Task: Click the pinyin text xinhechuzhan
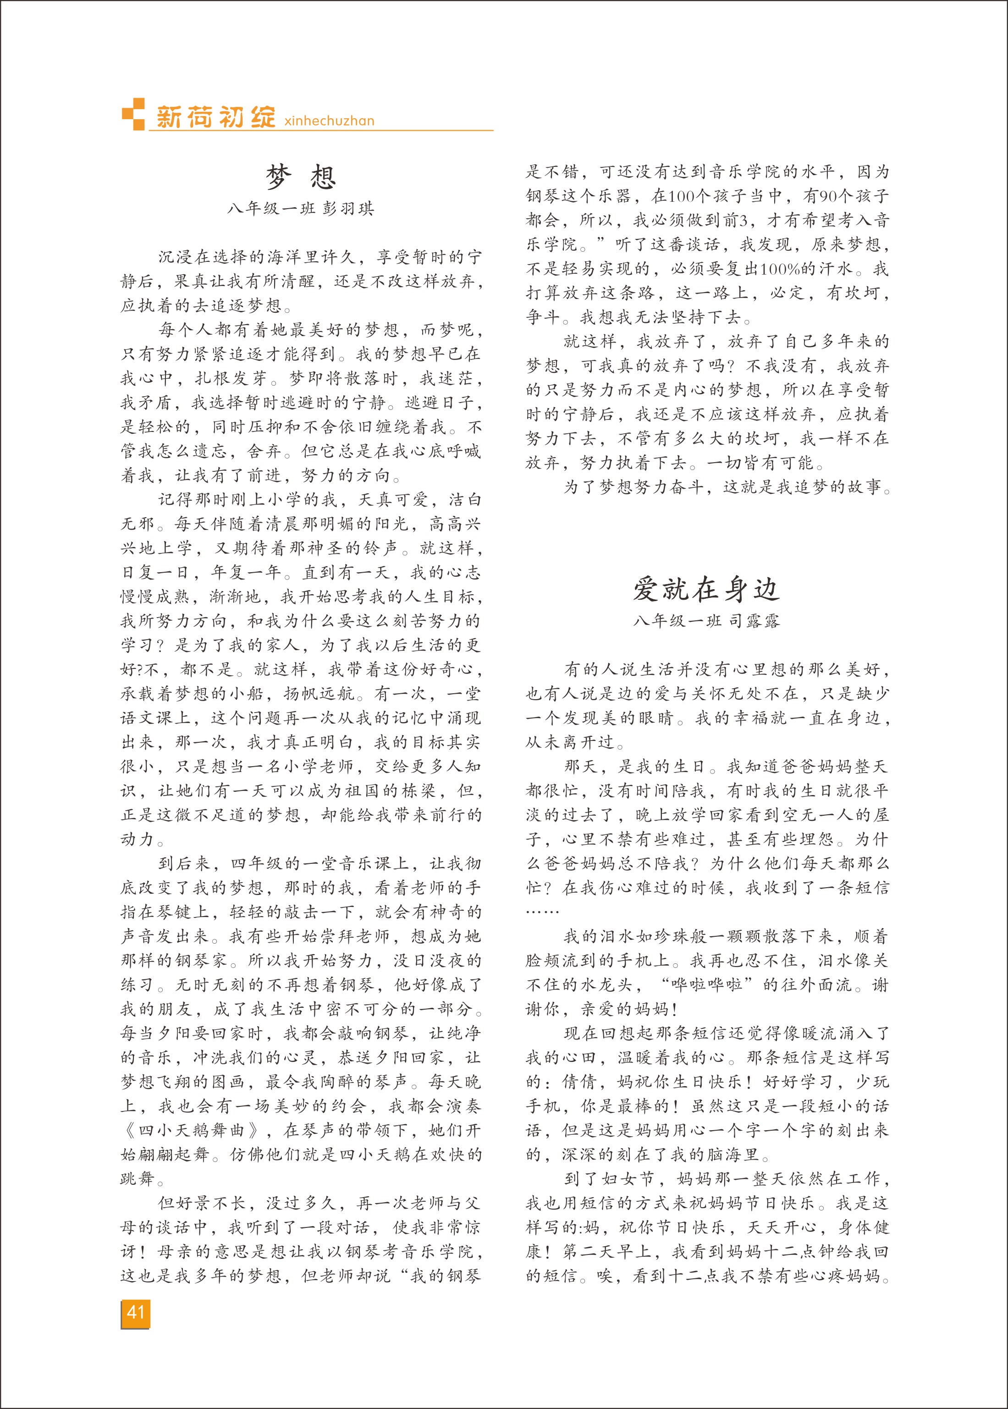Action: coord(329,121)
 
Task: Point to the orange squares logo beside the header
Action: coord(133,114)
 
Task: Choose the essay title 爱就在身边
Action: coord(706,589)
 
